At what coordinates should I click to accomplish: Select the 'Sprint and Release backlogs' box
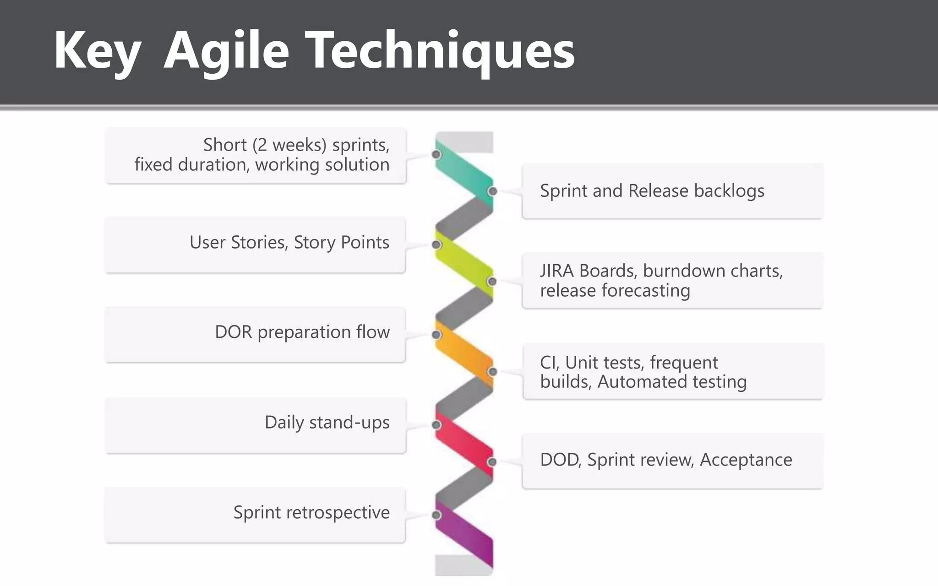pyautogui.click(x=672, y=191)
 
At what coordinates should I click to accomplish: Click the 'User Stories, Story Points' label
pyautogui.click(x=289, y=242)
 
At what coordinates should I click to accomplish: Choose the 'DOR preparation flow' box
pyautogui.click(x=256, y=334)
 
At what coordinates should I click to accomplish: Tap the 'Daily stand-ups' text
pyautogui.click(x=327, y=422)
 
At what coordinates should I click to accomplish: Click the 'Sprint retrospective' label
pyautogui.click(x=311, y=512)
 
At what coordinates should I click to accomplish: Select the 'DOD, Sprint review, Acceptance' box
pyautogui.click(x=672, y=461)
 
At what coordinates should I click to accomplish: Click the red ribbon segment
pyautogui.click(x=464, y=443)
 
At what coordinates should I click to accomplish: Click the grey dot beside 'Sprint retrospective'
pyautogui.click(x=436, y=515)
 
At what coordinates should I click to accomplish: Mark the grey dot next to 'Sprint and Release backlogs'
pyautogui.click(x=492, y=191)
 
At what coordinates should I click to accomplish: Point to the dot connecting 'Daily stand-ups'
pyautogui.click(x=436, y=425)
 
